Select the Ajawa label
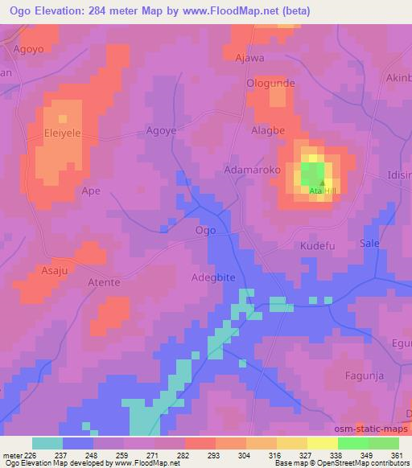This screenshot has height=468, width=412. tap(249, 59)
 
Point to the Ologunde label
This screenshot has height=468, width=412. tap(271, 83)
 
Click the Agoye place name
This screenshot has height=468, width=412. tap(160, 130)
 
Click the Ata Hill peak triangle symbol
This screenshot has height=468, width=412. tap(321, 183)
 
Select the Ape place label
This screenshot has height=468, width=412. tap(92, 191)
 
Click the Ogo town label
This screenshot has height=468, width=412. tap(205, 230)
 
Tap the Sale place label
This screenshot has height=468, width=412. tap(369, 243)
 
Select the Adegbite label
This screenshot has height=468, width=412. tap(213, 277)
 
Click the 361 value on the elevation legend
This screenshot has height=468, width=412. tap(396, 454)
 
